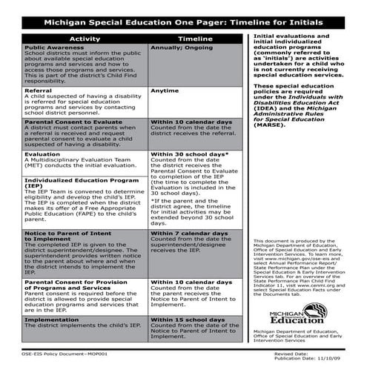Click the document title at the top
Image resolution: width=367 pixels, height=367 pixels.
coord(183,22)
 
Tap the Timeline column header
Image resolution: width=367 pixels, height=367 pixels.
coord(195,38)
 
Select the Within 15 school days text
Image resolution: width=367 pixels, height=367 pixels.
coord(188,318)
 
